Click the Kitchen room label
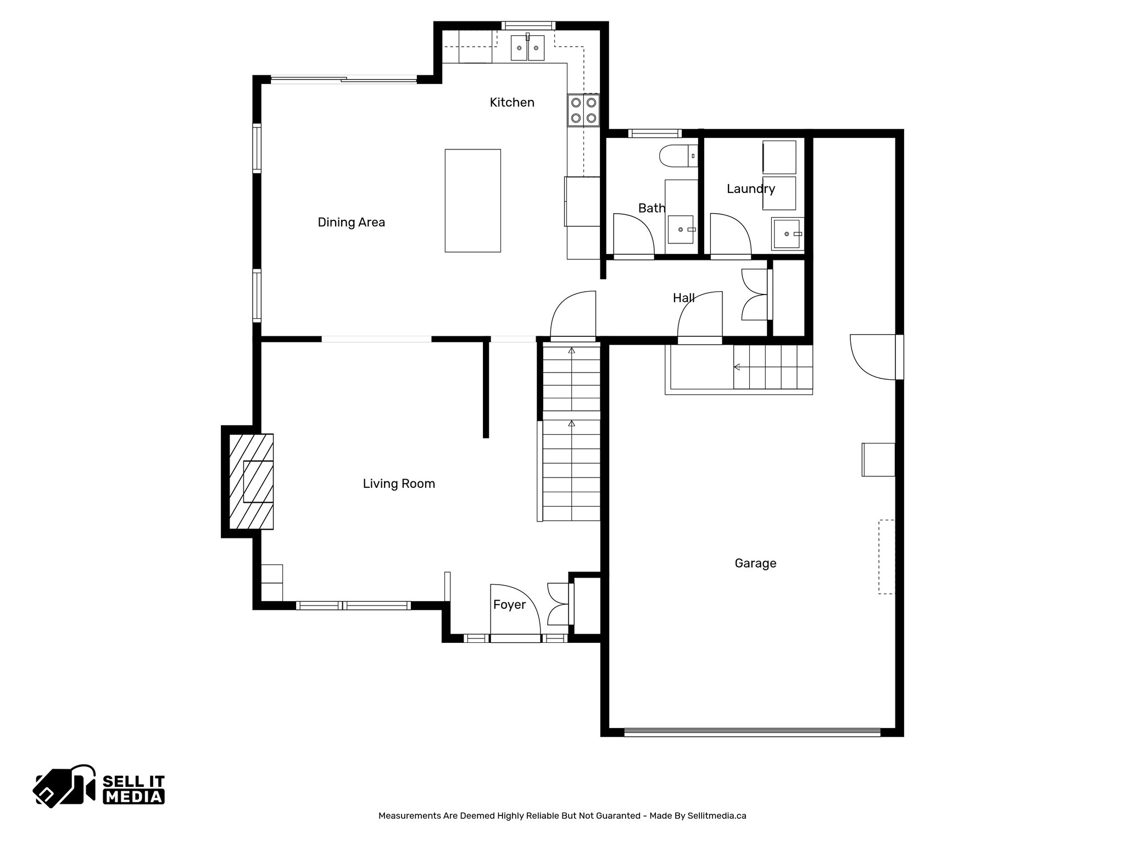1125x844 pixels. coord(511,102)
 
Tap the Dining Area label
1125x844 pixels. coord(351,222)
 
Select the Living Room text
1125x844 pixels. coord(399,484)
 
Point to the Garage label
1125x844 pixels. coord(755,563)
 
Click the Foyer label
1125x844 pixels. coord(509,604)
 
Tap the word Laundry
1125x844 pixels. coord(750,189)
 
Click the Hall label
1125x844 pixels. coord(683,298)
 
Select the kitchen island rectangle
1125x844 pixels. coord(472,201)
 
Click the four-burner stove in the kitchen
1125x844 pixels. coord(583,110)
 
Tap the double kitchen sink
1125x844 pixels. coord(527,48)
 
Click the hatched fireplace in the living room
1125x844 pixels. coord(252,482)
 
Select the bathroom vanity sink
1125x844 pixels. coord(681,230)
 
